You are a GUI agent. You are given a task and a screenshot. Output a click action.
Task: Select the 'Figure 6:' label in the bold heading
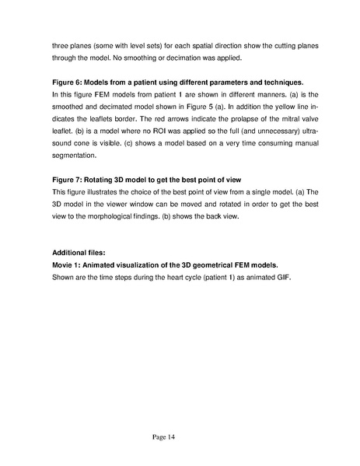[x=68, y=82]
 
